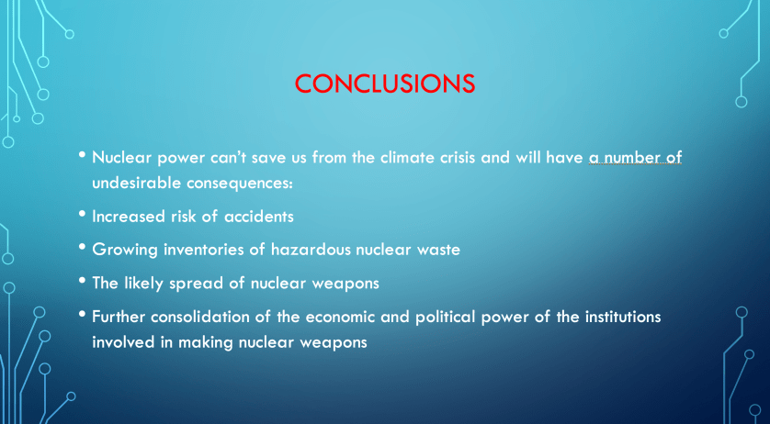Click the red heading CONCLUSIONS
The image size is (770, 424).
[x=385, y=84]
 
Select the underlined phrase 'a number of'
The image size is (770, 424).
[x=636, y=158]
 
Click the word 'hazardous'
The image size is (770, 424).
[x=311, y=250]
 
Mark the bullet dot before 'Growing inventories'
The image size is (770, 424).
[x=82, y=246]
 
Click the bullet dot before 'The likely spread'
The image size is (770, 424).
[x=82, y=280]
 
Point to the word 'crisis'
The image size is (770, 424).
[x=454, y=158]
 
